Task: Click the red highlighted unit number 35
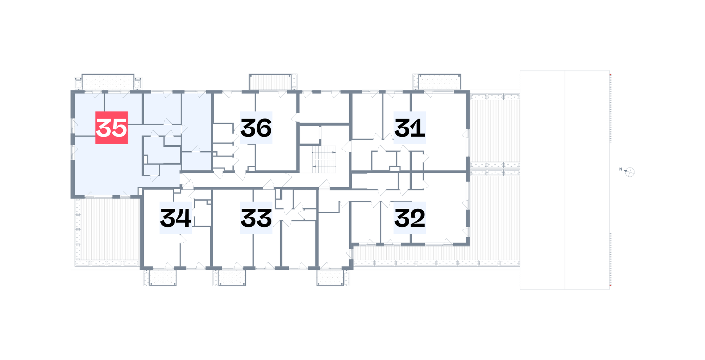pos(111,128)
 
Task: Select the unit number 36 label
pos(256,128)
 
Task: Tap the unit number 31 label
pos(410,128)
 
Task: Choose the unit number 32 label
pos(410,218)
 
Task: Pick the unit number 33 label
pos(256,218)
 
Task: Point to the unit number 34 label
pos(176,218)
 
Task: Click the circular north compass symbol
pos(630,172)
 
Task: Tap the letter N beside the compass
pos(621,169)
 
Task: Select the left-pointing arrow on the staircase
pos(314,166)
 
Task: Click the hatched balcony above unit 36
pos(270,82)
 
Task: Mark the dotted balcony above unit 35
pos(108,82)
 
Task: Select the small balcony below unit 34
pos(163,278)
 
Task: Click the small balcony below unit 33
pos(232,278)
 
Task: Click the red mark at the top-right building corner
pos(611,75)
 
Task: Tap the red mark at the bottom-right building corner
pos(611,286)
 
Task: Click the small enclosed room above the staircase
pos(309,135)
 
